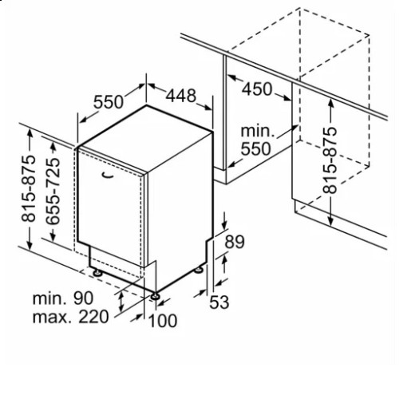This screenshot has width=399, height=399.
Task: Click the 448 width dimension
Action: click(x=181, y=96)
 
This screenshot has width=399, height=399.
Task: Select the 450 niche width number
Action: click(x=257, y=89)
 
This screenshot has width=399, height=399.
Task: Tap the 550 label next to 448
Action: click(x=109, y=101)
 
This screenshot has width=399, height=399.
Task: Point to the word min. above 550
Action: click(x=257, y=131)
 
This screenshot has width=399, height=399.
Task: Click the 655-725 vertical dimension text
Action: click(x=53, y=192)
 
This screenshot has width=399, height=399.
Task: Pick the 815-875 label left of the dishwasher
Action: click(x=29, y=188)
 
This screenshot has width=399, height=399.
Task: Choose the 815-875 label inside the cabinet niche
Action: click(x=330, y=160)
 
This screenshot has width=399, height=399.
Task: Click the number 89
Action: click(x=235, y=242)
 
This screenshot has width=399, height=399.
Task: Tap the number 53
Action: click(x=219, y=302)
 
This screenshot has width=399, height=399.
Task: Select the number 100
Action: click(x=163, y=321)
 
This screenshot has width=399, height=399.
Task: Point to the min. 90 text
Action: click(x=63, y=298)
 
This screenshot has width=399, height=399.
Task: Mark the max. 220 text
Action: click(x=70, y=317)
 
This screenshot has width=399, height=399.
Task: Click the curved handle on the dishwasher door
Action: click(x=108, y=175)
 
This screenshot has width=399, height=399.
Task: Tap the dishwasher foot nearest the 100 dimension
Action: click(x=155, y=296)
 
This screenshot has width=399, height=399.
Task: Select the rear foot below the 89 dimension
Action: click(x=199, y=270)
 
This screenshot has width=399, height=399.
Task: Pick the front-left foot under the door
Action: click(x=97, y=273)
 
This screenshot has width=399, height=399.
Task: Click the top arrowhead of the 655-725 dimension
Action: click(x=53, y=145)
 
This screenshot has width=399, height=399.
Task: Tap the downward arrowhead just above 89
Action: click(x=225, y=225)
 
